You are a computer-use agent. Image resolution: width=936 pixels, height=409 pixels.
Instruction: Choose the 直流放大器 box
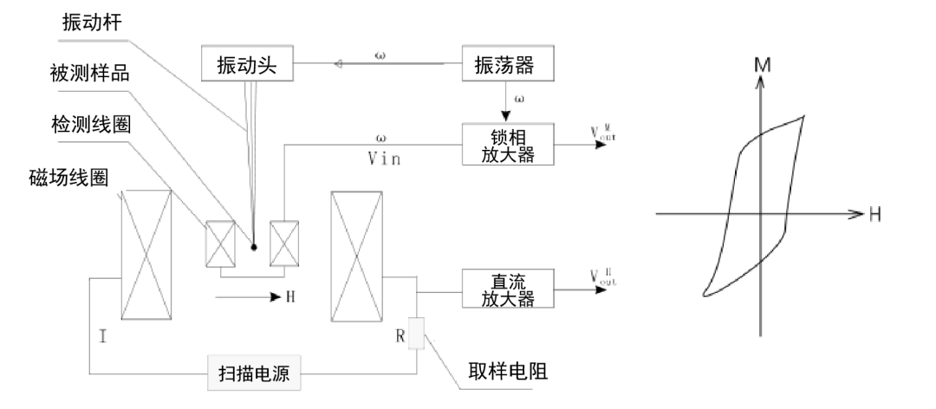(507, 289)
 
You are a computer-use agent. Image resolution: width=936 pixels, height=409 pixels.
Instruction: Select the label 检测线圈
(89, 124)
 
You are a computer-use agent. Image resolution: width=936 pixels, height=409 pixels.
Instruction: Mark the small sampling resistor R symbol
(416, 333)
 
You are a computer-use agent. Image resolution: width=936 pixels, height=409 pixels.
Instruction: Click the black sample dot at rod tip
(253, 246)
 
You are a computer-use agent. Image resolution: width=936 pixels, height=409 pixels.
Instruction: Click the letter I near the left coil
(102, 335)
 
